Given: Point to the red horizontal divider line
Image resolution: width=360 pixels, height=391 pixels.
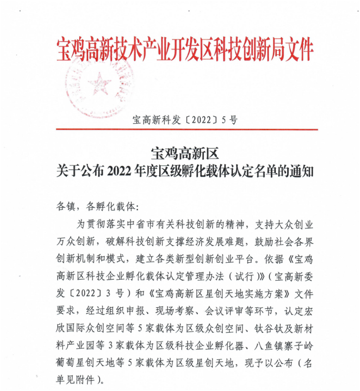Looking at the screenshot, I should tap(186, 130).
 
